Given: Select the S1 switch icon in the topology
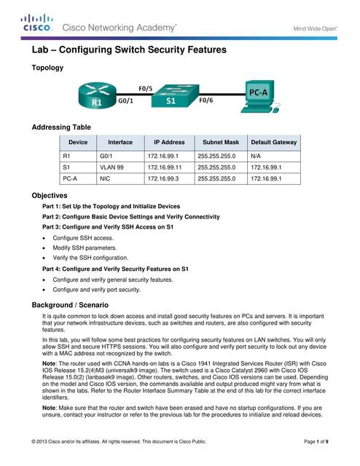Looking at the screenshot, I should pyautogui.click(x=171, y=100).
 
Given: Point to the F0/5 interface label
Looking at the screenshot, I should pyautogui.click(x=146, y=90).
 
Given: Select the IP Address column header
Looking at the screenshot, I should pyautogui.click(x=169, y=143).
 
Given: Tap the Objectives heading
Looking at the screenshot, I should pyautogui.click(x=50, y=196).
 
